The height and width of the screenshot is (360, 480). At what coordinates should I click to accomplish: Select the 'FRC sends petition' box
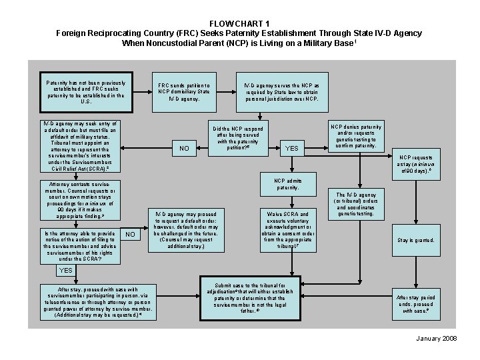click(x=184, y=92)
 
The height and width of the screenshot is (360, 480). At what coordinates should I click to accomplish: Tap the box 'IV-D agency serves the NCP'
click(x=281, y=92)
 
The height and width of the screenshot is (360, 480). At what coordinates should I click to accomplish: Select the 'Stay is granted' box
click(x=415, y=240)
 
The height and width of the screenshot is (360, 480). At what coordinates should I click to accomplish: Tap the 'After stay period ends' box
click(x=415, y=303)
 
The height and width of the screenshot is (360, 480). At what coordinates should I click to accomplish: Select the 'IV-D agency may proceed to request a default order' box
click(x=186, y=229)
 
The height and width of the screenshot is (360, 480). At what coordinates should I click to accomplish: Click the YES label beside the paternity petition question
click(x=291, y=148)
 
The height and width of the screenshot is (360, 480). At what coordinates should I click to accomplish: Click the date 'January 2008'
click(x=435, y=339)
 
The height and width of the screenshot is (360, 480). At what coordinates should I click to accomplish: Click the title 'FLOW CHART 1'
click(x=240, y=23)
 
